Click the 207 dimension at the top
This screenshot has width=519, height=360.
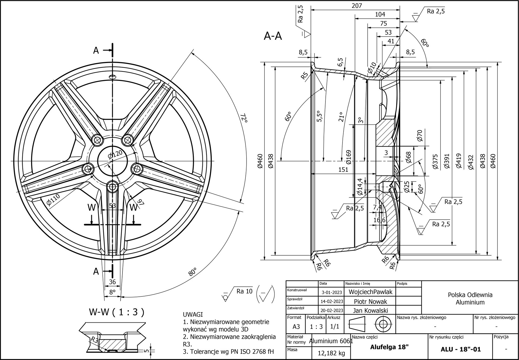[357, 6]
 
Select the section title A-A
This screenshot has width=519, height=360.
[273, 36]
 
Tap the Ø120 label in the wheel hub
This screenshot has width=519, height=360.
[115, 154]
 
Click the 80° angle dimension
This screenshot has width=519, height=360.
[192, 272]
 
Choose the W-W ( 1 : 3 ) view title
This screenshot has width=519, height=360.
[117, 312]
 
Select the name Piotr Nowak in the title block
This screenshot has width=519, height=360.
[370, 301]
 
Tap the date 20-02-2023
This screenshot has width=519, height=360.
[332, 310]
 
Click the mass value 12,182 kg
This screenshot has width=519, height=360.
[331, 353]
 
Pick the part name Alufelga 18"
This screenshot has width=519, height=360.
[389, 347]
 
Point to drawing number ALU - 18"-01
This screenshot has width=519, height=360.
[461, 349]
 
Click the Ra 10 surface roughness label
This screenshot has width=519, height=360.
[244, 291]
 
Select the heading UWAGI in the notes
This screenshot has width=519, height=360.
[193, 315]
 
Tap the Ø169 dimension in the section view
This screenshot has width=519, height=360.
[348, 157]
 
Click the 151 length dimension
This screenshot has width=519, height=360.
[343, 170]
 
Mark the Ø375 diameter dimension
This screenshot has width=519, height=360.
[435, 162]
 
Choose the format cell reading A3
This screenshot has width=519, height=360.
[296, 326]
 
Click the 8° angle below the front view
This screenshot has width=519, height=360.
[112, 292]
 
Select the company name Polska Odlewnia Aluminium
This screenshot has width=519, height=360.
[470, 299]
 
